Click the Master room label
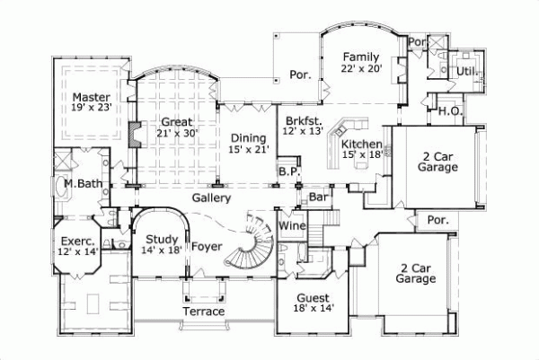pos(91,97)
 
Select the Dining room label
pos(247,137)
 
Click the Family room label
pos(360,56)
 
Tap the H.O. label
pos(450,111)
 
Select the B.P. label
pos(287,171)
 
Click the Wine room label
pos(292,227)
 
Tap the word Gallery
pos(212,198)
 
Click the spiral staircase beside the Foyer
pos(251,241)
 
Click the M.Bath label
pos(81,184)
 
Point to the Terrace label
pos(204,311)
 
